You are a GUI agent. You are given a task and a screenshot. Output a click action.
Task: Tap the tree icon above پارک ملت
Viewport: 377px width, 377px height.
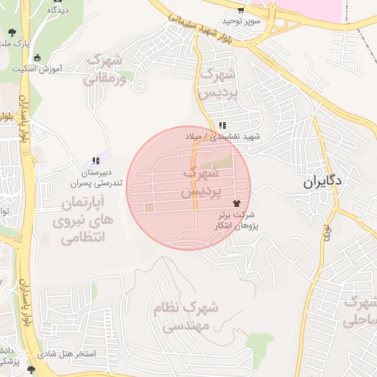coord(13,32)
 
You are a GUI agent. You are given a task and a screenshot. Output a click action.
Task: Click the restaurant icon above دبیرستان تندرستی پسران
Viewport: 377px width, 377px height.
coord(95,161)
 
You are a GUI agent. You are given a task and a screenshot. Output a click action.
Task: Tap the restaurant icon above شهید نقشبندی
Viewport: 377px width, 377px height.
coord(222,124)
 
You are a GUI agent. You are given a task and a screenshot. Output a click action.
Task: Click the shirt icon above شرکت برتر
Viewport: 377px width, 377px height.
coord(236,202)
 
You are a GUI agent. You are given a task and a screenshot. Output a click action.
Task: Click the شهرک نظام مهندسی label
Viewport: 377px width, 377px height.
coord(188,317)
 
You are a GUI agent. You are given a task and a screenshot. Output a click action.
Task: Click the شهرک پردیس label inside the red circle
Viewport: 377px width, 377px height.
coord(200,182)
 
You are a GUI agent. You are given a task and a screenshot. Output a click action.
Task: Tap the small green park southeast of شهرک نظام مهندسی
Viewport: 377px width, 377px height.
coord(261,339)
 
